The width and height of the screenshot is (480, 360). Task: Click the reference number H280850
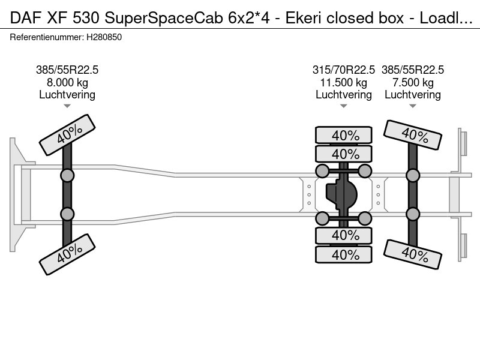[104, 37]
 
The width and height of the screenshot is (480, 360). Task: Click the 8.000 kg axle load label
[67, 83]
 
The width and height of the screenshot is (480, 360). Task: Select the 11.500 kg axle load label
[343, 83]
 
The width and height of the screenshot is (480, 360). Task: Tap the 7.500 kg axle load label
[413, 83]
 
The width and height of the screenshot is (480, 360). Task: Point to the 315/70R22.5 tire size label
[343, 70]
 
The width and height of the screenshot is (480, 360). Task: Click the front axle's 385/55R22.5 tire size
[67, 70]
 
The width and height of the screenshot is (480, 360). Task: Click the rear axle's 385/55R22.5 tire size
[413, 70]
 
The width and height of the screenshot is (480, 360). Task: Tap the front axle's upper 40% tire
[67, 134]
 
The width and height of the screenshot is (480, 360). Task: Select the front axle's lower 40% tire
[67, 254]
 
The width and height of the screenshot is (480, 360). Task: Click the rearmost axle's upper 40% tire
[413, 134]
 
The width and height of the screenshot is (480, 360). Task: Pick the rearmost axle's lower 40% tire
[413, 254]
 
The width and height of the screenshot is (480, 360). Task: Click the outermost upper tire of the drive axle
[344, 135]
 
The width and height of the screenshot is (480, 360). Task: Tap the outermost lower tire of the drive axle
[344, 254]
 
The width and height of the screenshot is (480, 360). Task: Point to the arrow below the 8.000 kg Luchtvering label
[67, 106]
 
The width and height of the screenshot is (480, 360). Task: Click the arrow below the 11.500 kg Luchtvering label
[343, 106]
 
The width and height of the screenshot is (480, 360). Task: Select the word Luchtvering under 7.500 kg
[413, 95]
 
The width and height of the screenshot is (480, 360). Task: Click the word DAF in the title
[26, 18]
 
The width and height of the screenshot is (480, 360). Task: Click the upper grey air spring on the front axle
[67, 176]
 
